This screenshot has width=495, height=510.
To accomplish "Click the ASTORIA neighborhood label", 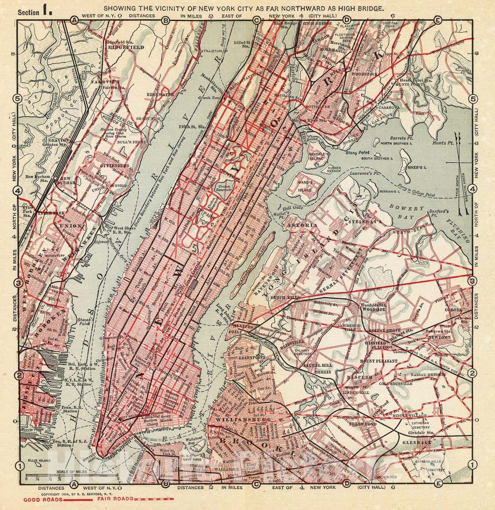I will [301, 224].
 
